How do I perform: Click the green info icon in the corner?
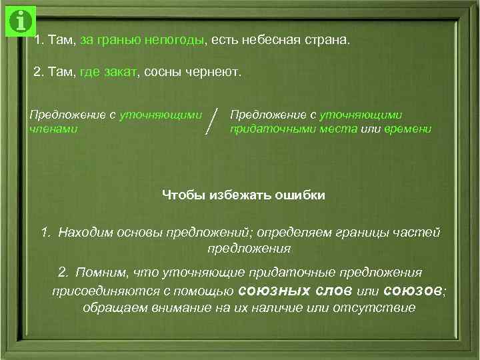click(21, 21)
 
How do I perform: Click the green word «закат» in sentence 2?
click(119, 72)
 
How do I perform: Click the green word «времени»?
click(408, 128)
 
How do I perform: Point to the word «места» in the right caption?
click(337, 128)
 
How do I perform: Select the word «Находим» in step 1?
click(82, 233)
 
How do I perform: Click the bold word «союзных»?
click(268, 291)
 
